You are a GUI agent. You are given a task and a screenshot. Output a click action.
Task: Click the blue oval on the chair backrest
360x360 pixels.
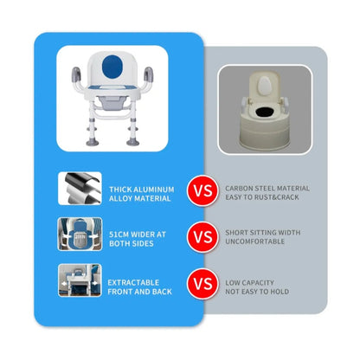(112, 67)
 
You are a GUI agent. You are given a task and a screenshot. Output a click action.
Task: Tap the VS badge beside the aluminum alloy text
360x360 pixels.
(202, 190)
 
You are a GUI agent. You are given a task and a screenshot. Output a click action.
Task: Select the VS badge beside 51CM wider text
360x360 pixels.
(202, 237)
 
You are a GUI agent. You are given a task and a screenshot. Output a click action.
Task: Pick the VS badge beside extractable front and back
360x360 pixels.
(202, 284)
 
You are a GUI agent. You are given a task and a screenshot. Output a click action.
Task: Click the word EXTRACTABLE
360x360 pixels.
(133, 282)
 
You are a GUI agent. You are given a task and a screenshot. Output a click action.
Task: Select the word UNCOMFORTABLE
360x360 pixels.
(255, 241)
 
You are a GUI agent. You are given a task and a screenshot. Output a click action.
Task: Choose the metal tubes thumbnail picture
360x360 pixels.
(80, 189)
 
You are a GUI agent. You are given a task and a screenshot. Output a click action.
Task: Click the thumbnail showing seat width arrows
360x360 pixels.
(80, 234)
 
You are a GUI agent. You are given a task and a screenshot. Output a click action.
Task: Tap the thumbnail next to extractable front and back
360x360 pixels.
(80, 280)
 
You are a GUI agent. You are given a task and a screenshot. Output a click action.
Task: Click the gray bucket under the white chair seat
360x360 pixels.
(112, 102)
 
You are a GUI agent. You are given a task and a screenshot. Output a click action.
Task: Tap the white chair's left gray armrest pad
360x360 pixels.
(76, 74)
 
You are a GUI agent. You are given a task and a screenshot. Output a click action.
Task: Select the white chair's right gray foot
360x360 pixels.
(132, 142)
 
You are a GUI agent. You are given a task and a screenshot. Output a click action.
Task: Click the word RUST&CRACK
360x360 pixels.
(276, 197)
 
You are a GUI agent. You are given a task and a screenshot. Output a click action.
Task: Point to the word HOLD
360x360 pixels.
(280, 292)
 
